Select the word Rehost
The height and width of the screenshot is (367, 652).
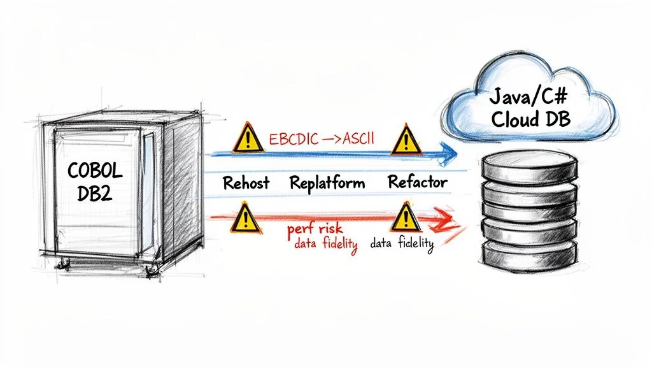246,183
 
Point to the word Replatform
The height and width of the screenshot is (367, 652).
327,183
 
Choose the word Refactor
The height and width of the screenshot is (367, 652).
417,183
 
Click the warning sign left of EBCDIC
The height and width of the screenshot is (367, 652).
244,137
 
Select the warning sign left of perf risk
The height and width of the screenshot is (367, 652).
243,219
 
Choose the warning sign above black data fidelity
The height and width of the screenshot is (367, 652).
403,218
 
